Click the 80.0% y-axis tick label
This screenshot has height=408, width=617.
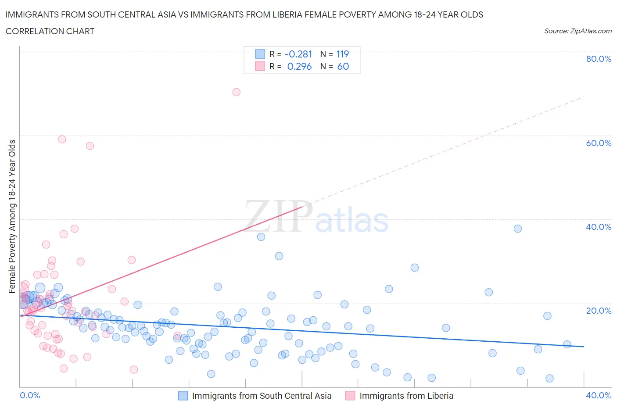[599, 59]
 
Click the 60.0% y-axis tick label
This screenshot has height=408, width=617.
[599, 143]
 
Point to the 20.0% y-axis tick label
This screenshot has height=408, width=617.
[599, 311]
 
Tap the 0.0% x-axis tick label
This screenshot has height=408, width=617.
[30, 395]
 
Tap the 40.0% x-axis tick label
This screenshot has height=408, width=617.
[599, 395]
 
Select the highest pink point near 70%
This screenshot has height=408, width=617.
[237, 92]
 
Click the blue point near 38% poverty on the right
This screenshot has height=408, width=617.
[518, 229]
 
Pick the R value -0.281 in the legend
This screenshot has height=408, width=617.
[298, 54]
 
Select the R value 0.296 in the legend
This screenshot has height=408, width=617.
[299, 66]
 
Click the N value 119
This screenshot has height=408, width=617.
[342, 54]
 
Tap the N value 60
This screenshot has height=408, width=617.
[343, 66]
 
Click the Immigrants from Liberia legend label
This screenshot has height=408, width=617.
[406, 396]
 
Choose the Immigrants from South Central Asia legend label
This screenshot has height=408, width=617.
[262, 396]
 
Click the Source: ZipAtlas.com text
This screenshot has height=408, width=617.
[578, 31]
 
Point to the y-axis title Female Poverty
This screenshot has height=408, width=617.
[12, 216]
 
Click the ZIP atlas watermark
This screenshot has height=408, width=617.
[316, 217]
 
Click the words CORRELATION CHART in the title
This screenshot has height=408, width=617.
[50, 31]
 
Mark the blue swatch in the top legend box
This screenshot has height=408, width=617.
[260, 54]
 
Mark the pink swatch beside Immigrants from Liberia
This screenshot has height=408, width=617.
[350, 396]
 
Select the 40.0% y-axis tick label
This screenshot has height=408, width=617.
[599, 227]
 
